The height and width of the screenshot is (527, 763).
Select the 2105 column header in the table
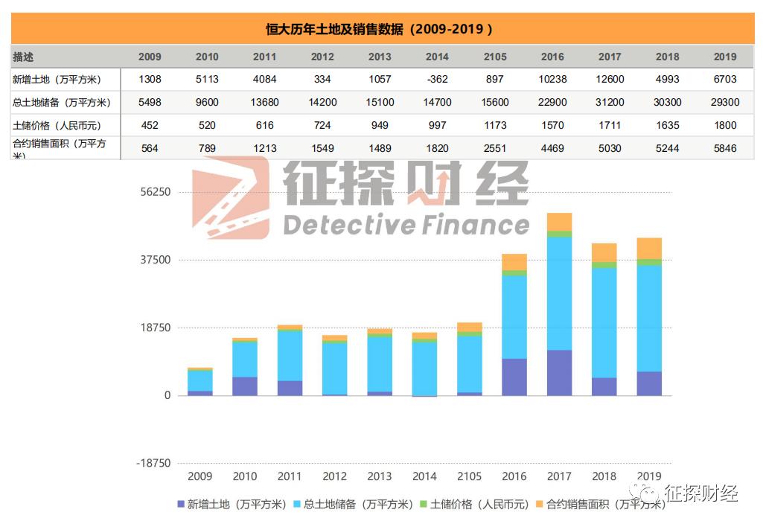[x=495, y=57]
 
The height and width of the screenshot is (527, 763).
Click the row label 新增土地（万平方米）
[x=57, y=80]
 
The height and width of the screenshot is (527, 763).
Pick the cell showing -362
[x=437, y=80]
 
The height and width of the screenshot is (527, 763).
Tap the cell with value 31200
[x=610, y=103]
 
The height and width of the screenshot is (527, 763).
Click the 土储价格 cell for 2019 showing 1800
[x=725, y=126]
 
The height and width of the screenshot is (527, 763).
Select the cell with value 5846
[x=725, y=149]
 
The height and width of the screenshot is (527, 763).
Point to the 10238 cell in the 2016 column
[x=552, y=80]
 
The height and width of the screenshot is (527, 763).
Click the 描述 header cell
[x=24, y=57]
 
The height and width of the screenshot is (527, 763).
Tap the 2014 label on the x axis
[x=424, y=476]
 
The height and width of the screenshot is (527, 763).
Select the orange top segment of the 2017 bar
[x=559, y=222]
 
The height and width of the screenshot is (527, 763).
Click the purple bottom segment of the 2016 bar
[x=514, y=377]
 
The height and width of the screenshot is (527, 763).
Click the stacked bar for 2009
[x=200, y=381]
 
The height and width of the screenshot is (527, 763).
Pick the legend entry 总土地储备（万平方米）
[x=357, y=504]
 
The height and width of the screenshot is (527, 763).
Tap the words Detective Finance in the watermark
[x=406, y=224]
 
